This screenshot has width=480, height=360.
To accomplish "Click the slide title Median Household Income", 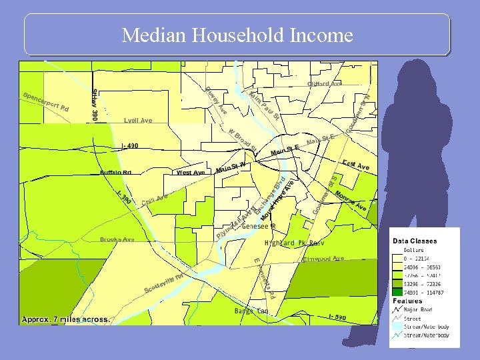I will (237, 35).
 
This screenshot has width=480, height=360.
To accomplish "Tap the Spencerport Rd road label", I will (46, 101).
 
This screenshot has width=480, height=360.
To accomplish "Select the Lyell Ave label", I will (138, 121).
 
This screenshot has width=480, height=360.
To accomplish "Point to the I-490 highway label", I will (130, 146).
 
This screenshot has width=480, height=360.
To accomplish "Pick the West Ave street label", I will (191, 173).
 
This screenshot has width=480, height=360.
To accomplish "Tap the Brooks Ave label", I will (117, 239).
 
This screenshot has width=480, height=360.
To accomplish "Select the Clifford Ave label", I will (325, 84).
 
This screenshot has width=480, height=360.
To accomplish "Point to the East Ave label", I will (355, 165).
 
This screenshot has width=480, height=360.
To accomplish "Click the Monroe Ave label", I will (351, 202).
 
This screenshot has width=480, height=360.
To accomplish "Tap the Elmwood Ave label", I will (323, 259).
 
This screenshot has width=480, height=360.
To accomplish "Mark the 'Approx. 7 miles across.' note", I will (65, 319).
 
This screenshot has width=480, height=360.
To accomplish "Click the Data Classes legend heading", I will (415, 241).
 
